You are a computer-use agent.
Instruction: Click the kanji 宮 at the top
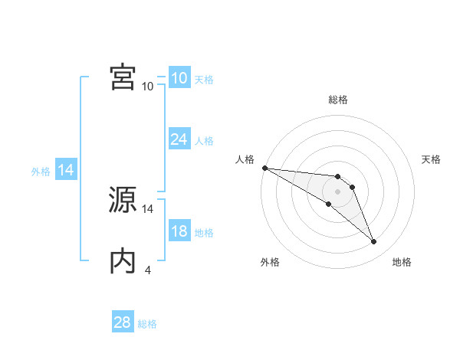[123, 78]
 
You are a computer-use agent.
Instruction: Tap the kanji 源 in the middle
[123, 201]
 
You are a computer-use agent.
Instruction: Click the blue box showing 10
[179, 78]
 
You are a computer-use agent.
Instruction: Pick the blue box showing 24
[179, 139]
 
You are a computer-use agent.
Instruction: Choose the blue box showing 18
[179, 231]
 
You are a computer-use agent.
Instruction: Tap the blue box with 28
[123, 322]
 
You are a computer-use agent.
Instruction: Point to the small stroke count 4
[147, 270]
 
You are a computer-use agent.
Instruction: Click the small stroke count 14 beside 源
[148, 208]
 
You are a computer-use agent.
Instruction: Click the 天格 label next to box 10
[204, 80]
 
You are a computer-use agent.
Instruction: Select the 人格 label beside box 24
[204, 141]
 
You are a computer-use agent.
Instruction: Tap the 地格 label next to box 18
[204, 233]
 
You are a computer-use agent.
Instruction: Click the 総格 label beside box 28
[147, 324]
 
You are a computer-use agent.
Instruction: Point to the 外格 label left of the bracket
[41, 172]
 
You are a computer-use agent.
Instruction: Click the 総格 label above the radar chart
[338, 100]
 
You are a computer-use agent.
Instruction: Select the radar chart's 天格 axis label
[432, 159]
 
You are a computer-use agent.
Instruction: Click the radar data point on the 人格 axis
[264, 168]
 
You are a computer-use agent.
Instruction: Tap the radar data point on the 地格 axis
[374, 242]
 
